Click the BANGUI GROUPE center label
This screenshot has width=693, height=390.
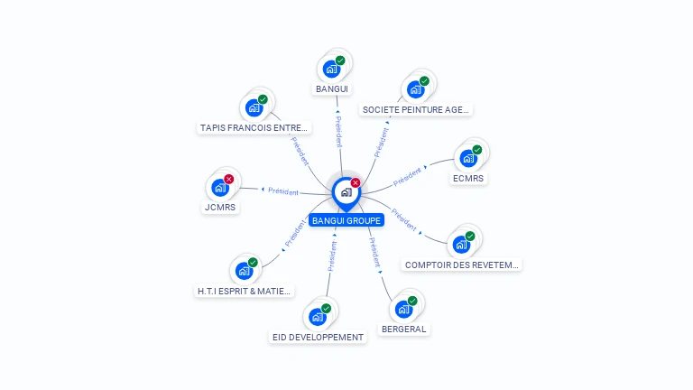point(346,219)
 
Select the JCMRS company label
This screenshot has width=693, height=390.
point(220,207)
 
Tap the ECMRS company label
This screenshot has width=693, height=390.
point(468,178)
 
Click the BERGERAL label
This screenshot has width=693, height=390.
point(403,330)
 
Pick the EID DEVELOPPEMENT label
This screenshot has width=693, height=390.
point(318,337)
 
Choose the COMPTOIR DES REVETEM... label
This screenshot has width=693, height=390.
point(462,265)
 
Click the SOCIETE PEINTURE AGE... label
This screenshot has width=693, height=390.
point(415,109)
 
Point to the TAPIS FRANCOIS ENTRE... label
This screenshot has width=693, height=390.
point(254,127)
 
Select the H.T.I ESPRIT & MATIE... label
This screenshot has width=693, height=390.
point(245,291)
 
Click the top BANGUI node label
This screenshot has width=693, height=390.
point(332,88)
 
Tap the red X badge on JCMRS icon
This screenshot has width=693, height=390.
point(228,180)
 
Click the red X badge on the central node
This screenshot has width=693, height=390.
point(356,183)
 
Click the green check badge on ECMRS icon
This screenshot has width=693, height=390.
point(476,150)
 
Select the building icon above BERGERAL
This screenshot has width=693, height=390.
point(403,309)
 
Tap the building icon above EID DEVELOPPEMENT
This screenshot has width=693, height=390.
point(317,316)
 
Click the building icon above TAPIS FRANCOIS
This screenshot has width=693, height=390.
point(254,107)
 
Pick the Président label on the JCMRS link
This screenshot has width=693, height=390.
point(282,190)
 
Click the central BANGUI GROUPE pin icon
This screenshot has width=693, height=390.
point(346,192)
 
